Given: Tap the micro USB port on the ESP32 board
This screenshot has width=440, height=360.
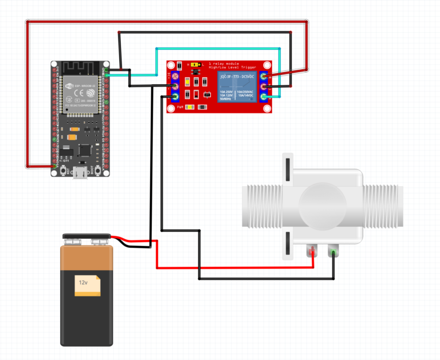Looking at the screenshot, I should (81, 172).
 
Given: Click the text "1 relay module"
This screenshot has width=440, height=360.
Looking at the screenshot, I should (224, 64).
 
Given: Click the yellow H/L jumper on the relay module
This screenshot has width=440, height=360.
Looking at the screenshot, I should (195, 65).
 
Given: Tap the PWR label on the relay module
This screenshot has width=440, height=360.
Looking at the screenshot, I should (180, 107).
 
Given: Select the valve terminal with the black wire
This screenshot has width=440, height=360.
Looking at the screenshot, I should (333, 252).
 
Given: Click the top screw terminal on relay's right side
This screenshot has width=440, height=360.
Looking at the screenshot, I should (264, 76).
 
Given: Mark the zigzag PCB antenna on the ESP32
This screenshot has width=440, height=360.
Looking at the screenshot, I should (81, 67).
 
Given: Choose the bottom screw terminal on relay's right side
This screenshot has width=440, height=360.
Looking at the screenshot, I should (264, 97).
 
